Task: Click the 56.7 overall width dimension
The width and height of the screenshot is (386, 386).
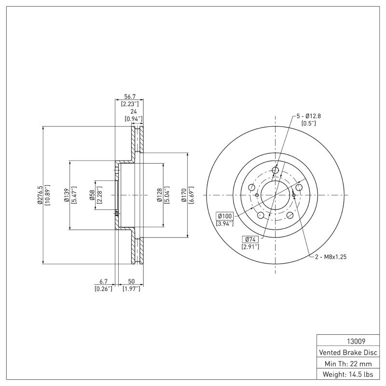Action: click(x=129, y=96)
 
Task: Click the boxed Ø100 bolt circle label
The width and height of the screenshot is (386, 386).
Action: click(x=225, y=216)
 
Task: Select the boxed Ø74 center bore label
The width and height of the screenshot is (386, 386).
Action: click(x=250, y=239)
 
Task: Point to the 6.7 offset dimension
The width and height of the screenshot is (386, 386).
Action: click(x=103, y=281)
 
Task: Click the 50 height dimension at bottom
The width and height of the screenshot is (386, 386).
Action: click(x=131, y=281)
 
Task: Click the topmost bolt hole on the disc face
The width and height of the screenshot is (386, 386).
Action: click(x=276, y=170)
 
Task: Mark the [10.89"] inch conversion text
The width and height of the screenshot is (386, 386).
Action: click(x=47, y=195)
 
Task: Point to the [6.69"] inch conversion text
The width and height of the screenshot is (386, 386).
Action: click(x=191, y=195)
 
